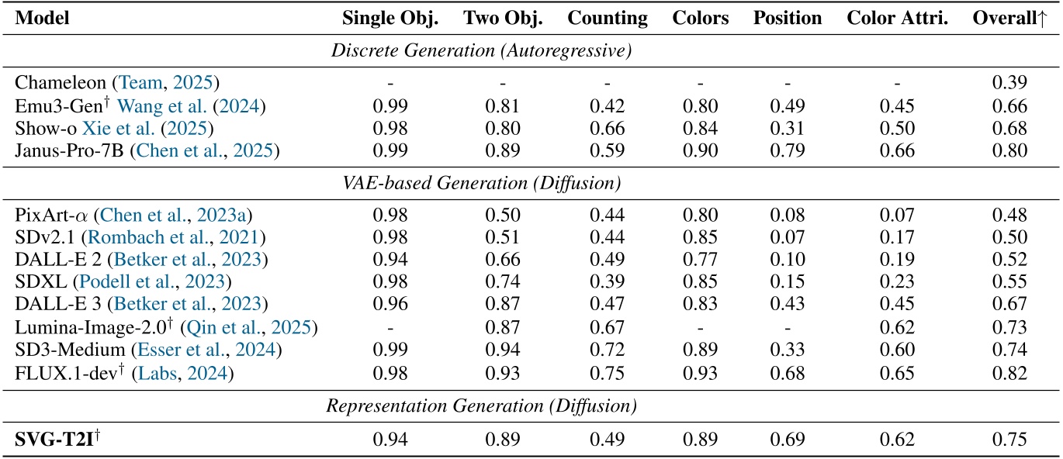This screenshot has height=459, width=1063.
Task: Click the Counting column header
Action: [607, 19]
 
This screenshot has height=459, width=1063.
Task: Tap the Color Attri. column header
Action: [897, 19]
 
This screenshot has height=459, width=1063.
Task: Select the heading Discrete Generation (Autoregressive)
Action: [481, 51]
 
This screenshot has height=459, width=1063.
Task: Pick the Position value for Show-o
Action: [787, 126]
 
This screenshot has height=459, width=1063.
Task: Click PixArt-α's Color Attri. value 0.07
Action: [897, 215]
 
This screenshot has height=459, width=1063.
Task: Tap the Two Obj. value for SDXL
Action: [502, 284]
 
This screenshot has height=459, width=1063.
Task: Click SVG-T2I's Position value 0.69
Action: [787, 440]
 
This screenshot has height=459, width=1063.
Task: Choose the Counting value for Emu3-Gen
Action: [607, 105]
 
